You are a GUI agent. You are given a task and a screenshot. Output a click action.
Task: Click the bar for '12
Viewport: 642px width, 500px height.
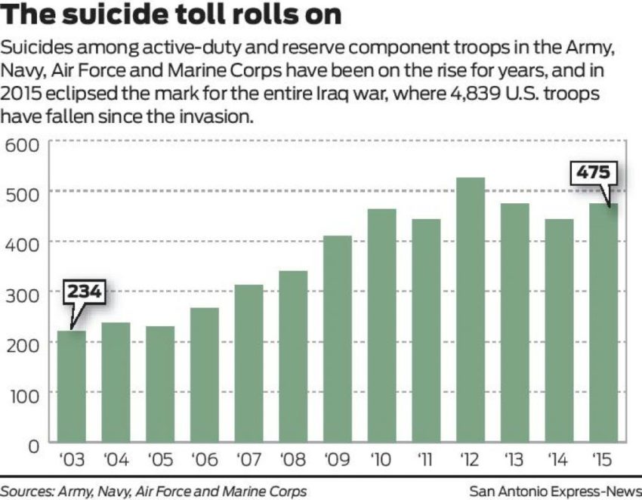[470, 310]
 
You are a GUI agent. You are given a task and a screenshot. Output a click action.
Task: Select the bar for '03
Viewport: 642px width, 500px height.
[71, 386]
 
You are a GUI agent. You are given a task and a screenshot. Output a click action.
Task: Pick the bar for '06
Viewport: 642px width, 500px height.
[204, 375]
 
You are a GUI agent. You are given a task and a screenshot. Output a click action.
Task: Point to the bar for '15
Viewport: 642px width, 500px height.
[603, 323]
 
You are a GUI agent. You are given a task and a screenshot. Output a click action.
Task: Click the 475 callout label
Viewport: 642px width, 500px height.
[593, 173]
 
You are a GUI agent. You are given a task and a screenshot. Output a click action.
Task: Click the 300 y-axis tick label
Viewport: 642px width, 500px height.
[23, 292]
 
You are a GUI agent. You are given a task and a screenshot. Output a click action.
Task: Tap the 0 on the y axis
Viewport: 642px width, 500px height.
[33, 444]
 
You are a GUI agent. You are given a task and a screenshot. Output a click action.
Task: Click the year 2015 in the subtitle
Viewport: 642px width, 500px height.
[25, 99]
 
